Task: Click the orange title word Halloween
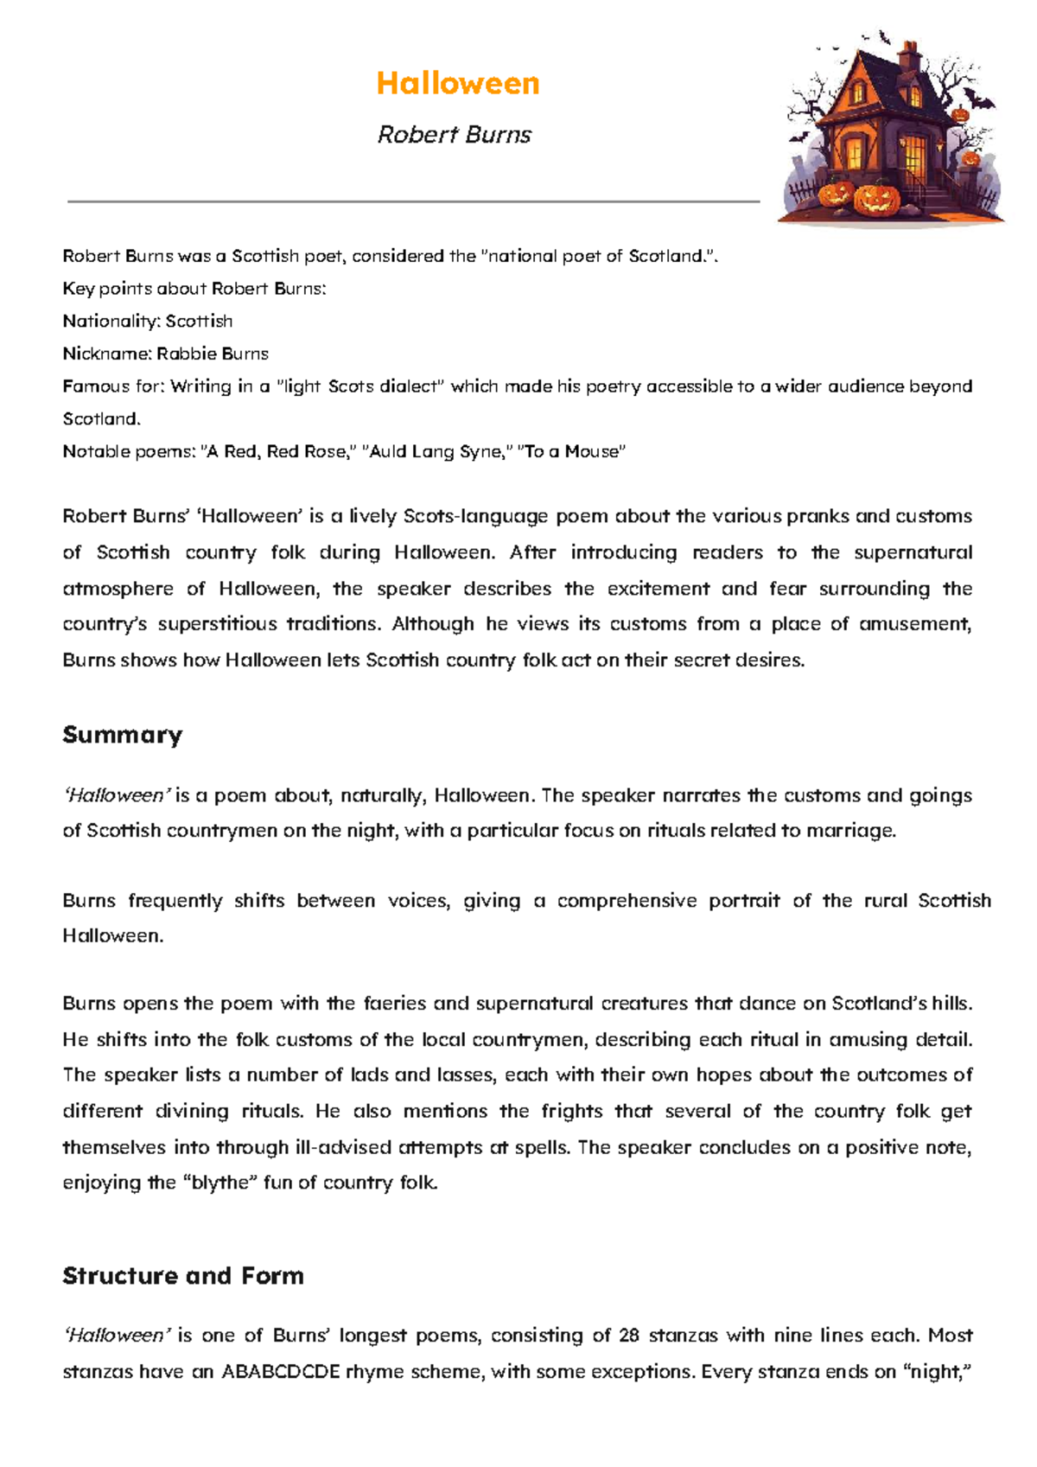(458, 84)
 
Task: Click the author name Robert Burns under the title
(455, 135)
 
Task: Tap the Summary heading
(122, 735)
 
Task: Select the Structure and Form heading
(183, 1276)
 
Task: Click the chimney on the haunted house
(908, 57)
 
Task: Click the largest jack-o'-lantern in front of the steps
(876, 198)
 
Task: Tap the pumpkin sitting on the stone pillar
(970, 160)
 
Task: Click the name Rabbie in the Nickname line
(186, 354)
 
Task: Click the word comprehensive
(627, 901)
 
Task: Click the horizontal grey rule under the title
(413, 201)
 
